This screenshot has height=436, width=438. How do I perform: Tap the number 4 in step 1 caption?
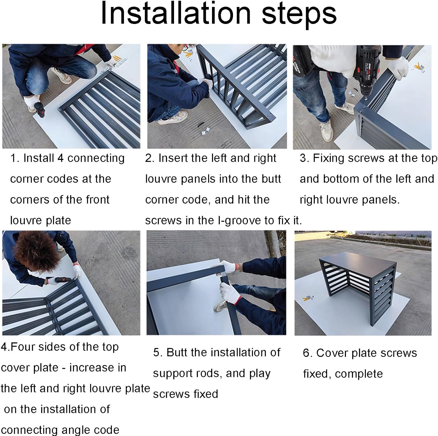pyautogui.click(x=60, y=158)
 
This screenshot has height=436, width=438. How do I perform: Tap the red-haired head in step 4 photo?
pyautogui.click(x=36, y=251)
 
